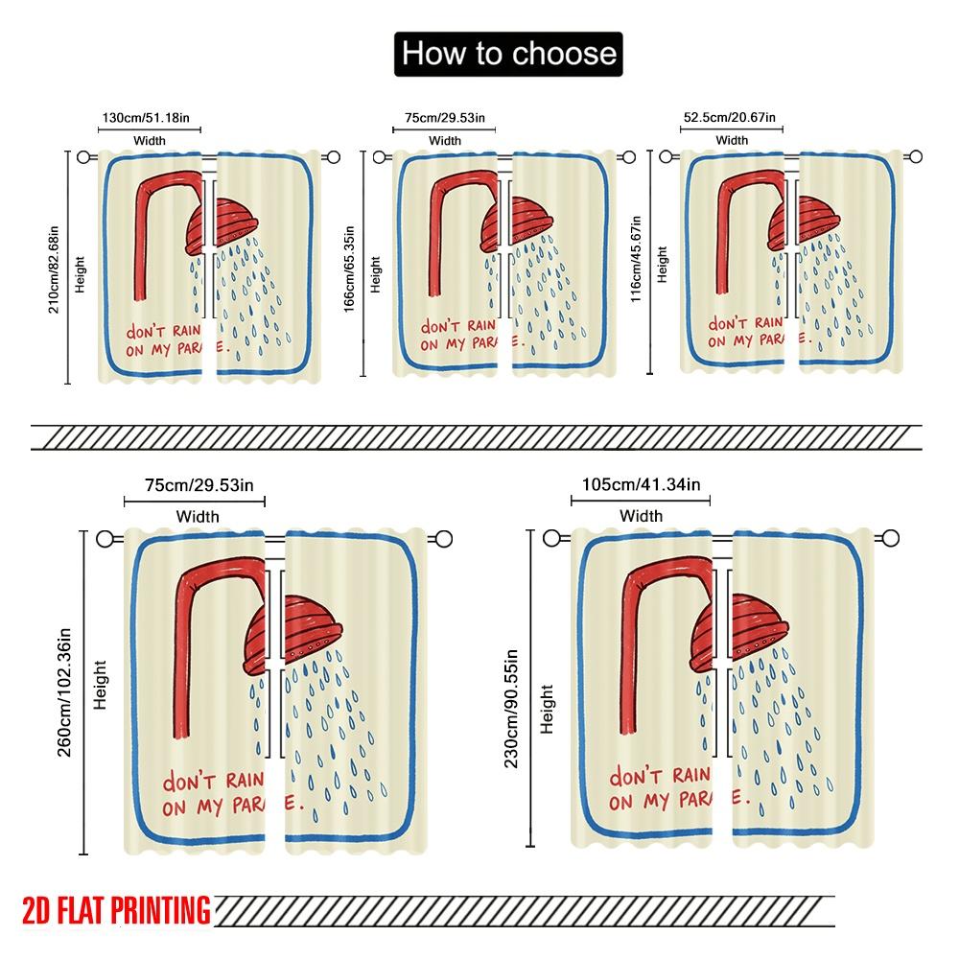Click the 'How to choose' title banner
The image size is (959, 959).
508,54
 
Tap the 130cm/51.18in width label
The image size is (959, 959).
146,117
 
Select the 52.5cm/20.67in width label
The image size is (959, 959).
729,117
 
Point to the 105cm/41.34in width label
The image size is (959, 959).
641,484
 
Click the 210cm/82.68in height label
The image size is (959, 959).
54,269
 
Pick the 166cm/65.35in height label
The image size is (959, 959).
349,269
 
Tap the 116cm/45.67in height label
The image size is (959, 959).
636,259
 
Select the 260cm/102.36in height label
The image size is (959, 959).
64,692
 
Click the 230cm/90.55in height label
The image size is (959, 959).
511,709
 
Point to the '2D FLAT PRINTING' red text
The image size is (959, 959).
116,910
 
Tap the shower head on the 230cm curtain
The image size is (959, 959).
738,632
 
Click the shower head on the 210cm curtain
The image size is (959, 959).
221,226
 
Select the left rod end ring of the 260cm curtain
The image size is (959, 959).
105,539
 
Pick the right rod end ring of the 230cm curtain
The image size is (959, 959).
891,538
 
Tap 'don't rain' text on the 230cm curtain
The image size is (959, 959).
660,776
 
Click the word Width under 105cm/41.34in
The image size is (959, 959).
641,516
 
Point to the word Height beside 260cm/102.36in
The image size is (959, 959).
100,685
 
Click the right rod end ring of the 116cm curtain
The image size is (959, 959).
916,157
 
